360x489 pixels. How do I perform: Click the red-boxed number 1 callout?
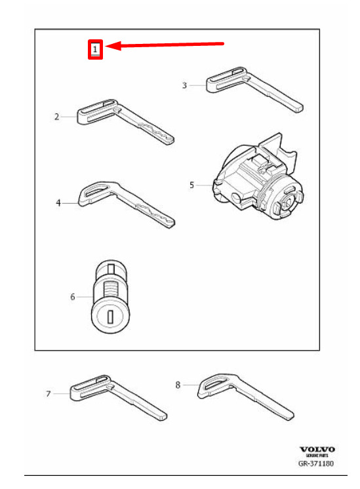click(x=95, y=49)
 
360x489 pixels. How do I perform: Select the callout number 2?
click(x=56, y=117)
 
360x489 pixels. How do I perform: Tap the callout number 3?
click(x=184, y=85)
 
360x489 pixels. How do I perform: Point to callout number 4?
click(x=58, y=203)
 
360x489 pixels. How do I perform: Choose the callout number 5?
click(x=192, y=186)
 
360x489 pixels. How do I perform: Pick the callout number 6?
click(x=73, y=296)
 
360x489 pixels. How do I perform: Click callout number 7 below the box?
click(x=49, y=394)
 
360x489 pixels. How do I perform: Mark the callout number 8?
click(x=178, y=385)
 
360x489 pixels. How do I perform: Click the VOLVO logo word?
click(x=317, y=450)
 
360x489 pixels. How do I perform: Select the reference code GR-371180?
click(x=315, y=463)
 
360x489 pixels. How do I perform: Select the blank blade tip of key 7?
click(x=161, y=416)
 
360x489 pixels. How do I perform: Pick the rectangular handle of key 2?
click(x=96, y=111)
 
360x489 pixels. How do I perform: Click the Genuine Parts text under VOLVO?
click(x=317, y=456)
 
